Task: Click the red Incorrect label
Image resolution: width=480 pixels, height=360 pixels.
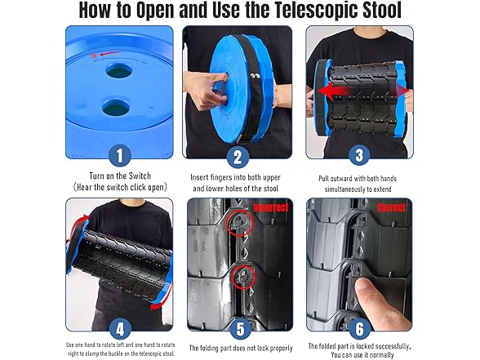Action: tap(269, 207)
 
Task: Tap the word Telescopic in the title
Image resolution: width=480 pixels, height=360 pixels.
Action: tap(308, 11)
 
